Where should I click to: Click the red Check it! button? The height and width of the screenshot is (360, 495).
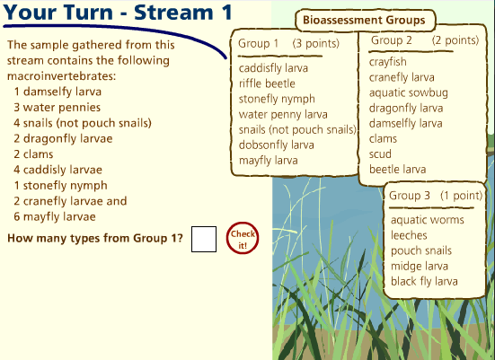point(243,238)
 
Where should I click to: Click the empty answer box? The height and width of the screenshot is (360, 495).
point(204,239)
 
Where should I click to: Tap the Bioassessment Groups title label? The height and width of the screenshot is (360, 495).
point(364,20)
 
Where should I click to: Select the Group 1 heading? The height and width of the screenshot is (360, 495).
point(258,43)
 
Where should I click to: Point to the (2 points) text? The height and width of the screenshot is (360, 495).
point(455,40)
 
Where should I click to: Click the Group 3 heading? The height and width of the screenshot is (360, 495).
point(410,196)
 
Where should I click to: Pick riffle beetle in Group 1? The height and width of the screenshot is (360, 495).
point(267,83)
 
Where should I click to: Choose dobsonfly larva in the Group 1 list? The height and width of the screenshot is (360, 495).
point(276,145)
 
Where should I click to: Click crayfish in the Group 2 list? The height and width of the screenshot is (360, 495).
point(388,62)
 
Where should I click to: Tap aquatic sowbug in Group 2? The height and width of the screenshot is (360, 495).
point(409,92)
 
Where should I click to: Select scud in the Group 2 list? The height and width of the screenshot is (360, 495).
point(380,154)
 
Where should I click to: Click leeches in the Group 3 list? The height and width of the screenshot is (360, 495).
point(409,235)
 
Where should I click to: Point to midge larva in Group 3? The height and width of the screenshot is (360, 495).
point(420,267)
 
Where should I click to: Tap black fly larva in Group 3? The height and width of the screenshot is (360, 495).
point(424,281)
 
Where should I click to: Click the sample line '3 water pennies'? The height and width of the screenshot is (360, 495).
point(57,108)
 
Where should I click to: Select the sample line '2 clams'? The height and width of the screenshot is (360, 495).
point(33,154)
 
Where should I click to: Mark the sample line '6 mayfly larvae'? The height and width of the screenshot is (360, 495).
point(55,216)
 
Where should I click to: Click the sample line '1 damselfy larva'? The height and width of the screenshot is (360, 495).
point(57,92)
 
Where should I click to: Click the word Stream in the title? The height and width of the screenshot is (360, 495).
point(173,13)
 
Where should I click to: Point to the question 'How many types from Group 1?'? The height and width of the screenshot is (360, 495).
point(95,238)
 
